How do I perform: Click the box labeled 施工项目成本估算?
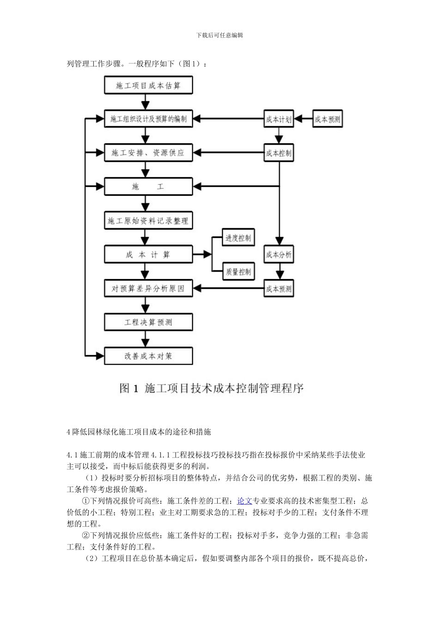[x=148, y=85]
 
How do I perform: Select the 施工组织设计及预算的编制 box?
[x=148, y=119]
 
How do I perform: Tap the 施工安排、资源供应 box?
[x=148, y=153]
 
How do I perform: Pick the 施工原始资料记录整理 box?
[x=148, y=221]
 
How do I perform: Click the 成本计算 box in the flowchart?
[x=148, y=255]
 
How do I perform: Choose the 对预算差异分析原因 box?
[x=148, y=289]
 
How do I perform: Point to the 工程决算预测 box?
[x=148, y=323]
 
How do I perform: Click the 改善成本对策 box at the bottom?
[x=148, y=356]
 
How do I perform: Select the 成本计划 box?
[x=279, y=119]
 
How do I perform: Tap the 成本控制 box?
[x=279, y=153]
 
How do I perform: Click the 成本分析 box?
[x=279, y=255]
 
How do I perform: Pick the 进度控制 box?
[x=238, y=238]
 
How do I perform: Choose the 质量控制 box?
[x=238, y=272]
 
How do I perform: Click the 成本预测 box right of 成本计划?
[x=328, y=119]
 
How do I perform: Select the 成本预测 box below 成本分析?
[x=279, y=289]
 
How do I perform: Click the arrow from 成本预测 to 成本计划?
[x=303, y=119]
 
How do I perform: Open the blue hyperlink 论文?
[x=244, y=501]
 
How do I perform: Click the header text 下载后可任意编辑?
[x=219, y=35]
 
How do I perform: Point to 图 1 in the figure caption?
[x=129, y=389]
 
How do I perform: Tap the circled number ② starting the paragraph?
[x=85, y=536]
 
